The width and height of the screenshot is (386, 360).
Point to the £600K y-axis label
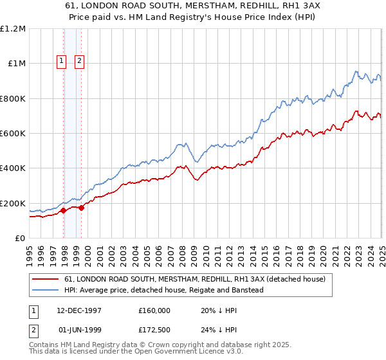[13, 134]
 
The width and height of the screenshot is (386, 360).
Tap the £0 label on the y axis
[20, 239]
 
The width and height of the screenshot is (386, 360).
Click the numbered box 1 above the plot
[62, 62]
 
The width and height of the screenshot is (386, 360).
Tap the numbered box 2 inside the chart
[79, 62]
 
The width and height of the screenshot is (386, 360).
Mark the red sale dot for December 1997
[64, 210]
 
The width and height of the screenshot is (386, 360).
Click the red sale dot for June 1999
[81, 208]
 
